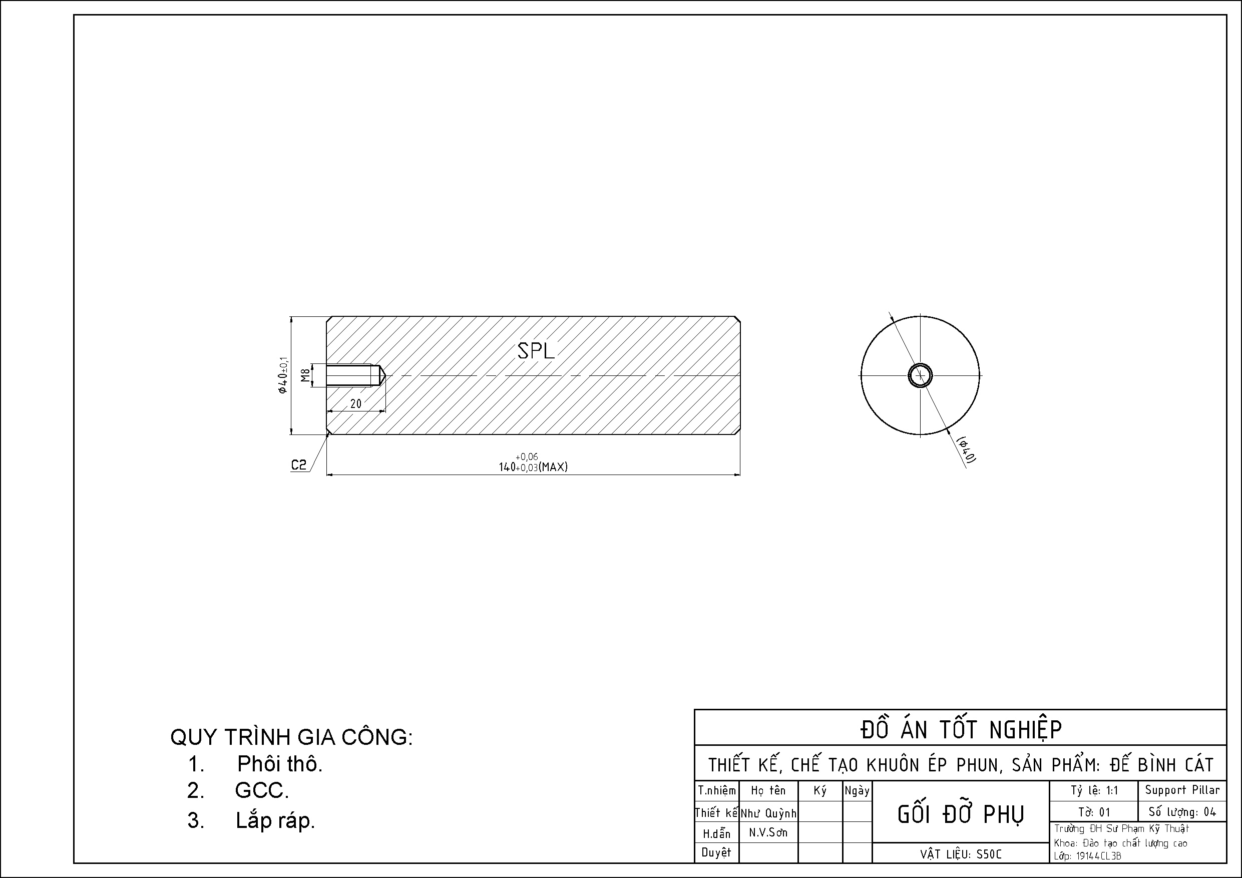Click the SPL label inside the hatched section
536,351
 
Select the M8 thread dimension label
305,375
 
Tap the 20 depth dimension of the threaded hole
355,403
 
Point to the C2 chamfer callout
298,465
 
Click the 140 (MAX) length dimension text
533,463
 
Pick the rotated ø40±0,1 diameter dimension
282,375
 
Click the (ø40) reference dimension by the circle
967,450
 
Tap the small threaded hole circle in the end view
920,375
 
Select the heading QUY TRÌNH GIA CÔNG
291,737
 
